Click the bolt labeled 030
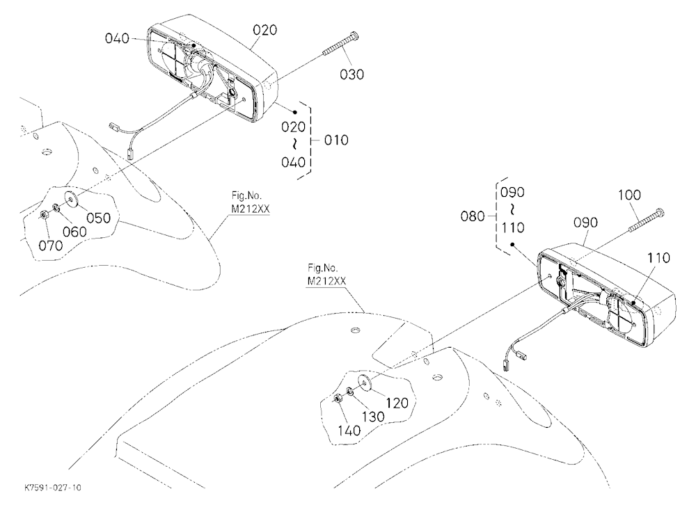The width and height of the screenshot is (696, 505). tap(341, 44)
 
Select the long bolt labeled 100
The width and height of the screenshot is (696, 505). tap(647, 220)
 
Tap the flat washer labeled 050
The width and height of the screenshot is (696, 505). tap(72, 199)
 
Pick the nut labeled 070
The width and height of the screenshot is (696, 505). tap(45, 215)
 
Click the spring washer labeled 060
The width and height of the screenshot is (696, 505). tap(57, 207)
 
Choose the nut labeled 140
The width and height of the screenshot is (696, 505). tap(338, 399)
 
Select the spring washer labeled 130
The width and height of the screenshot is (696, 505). tap(350, 391)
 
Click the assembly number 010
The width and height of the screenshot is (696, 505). tap(336, 141)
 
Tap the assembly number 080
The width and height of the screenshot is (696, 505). tap(473, 216)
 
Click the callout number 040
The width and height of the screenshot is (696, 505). tap(117, 39)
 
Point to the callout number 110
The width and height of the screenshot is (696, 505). tap(658, 258)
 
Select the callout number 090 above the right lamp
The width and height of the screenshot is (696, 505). tap(585, 223)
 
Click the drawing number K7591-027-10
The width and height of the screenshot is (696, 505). tap(53, 488)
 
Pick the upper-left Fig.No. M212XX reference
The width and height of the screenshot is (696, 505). tap(251, 202)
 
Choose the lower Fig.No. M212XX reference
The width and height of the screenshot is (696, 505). tap(326, 275)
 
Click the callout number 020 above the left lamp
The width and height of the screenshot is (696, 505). tap(265, 30)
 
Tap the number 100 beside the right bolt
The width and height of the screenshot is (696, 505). tap(629, 195)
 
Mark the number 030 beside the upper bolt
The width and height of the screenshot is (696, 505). tap(352, 74)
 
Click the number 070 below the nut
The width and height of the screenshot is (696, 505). tap(51, 245)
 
